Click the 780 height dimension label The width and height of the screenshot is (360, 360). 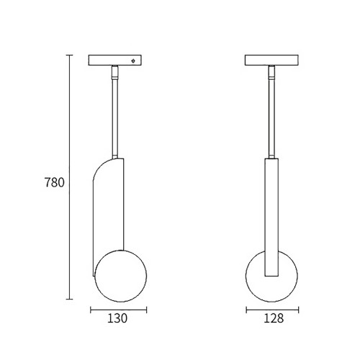(55, 183)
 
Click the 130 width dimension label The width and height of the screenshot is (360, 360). (117, 318)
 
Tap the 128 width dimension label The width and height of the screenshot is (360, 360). (274, 318)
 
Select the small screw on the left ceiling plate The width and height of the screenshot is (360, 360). (133, 60)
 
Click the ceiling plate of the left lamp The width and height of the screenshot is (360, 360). (114, 60)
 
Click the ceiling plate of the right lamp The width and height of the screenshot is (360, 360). (271, 60)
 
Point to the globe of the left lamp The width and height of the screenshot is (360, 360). (121, 276)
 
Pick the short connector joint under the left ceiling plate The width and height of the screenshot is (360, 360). (114, 73)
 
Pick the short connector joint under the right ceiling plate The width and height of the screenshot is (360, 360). (271, 73)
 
